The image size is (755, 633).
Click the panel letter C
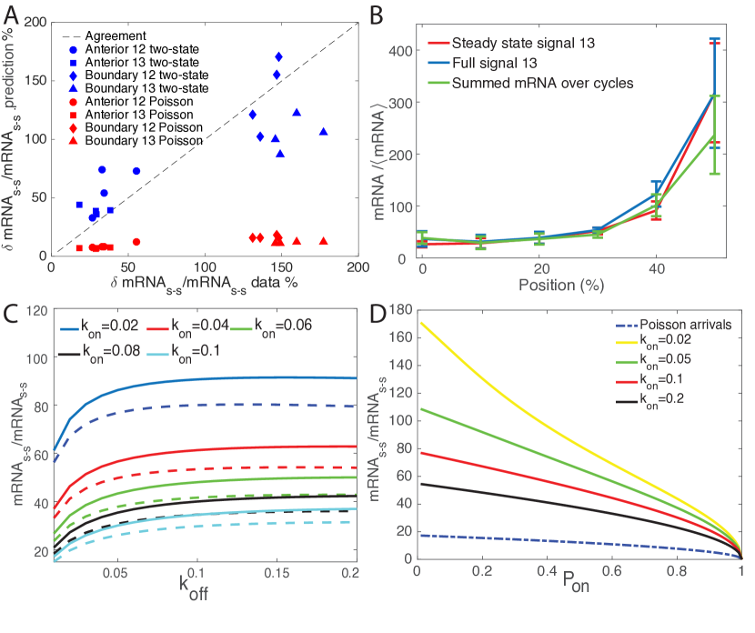click(x=12, y=314)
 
